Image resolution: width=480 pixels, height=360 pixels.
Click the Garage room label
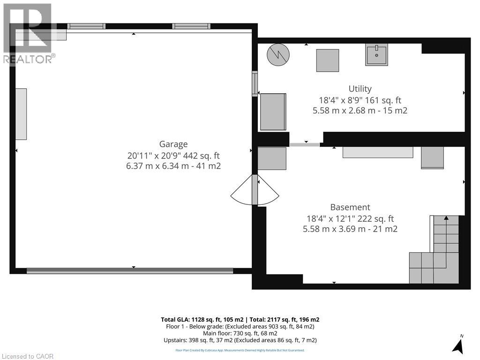pyautogui.click(x=173, y=144)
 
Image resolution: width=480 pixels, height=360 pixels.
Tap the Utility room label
pyautogui.click(x=360, y=89)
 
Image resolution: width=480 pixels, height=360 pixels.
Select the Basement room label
pyautogui.click(x=350, y=207)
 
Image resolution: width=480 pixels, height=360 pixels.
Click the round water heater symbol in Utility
pyautogui.click(x=278, y=55)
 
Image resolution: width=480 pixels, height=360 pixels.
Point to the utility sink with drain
pyautogui.click(x=376, y=54)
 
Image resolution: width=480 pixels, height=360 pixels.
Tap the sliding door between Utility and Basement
pyautogui.click(x=305, y=144)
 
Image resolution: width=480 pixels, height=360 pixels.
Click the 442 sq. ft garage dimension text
pyautogui.click(x=173, y=155)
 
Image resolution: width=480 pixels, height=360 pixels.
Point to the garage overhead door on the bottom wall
pyautogui.click(x=130, y=270)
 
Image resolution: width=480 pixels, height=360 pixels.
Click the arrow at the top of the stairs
pyautogui.click(x=446, y=218)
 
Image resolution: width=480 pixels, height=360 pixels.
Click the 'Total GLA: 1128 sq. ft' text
pyautogui.click(x=200, y=320)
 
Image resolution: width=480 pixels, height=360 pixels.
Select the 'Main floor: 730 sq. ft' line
pyautogui.click(x=240, y=333)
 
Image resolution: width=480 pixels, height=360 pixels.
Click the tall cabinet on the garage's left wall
pyautogui.click(x=21, y=114)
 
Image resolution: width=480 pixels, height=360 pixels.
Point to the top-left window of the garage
pyautogui.click(x=87, y=26)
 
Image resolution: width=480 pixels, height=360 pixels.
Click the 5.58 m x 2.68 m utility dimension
pyautogui.click(x=360, y=111)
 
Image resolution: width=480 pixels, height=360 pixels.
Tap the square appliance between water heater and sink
pyautogui.click(x=327, y=60)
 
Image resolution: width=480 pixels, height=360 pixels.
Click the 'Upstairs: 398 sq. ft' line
pyautogui.click(x=240, y=340)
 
